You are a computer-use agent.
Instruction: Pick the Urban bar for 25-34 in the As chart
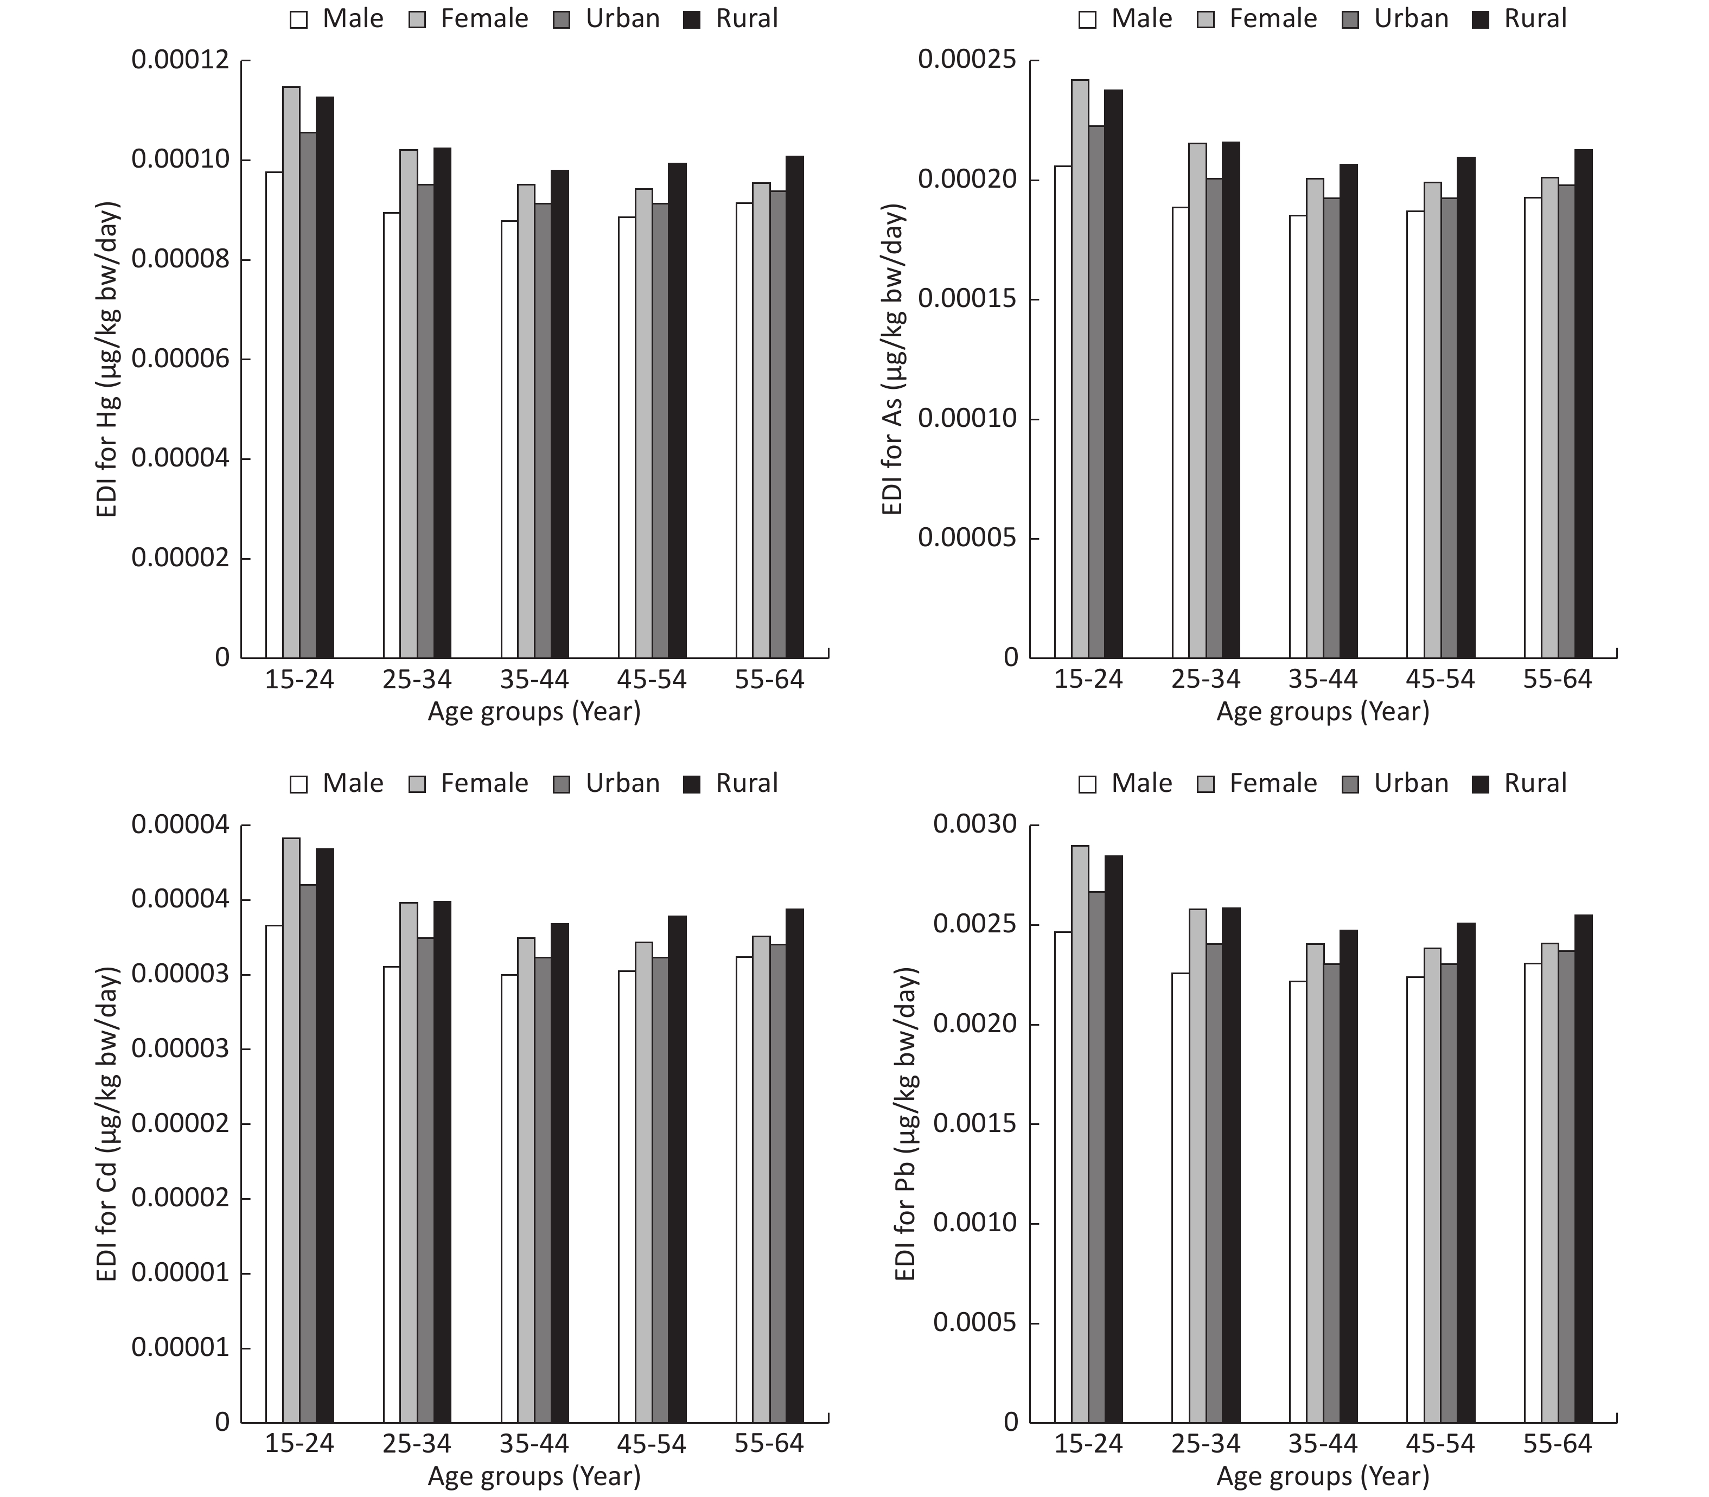click(1214, 418)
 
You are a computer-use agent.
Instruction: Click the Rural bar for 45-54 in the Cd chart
click(677, 1169)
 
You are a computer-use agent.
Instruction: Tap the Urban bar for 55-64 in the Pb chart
click(1566, 1186)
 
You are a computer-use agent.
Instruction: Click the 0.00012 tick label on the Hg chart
click(180, 60)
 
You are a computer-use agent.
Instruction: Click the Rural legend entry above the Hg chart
click(731, 18)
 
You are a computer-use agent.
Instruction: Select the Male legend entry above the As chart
click(1126, 18)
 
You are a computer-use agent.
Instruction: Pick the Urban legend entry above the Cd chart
click(607, 784)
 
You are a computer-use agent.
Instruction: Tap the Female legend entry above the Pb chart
click(1258, 784)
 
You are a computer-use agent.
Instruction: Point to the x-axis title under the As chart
click(1323, 712)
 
